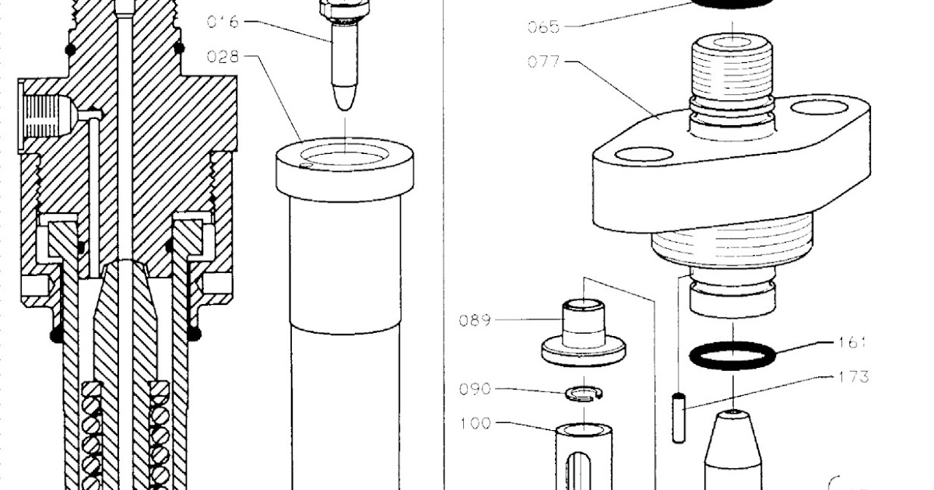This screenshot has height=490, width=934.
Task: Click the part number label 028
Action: (x=223, y=56)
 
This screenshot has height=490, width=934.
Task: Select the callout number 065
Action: (x=543, y=27)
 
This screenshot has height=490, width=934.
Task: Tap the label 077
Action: (x=543, y=61)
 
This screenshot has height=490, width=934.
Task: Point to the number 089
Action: (x=476, y=320)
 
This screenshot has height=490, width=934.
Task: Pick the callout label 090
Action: (x=476, y=389)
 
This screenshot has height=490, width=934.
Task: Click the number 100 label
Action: (x=476, y=424)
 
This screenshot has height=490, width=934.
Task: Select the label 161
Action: (x=852, y=342)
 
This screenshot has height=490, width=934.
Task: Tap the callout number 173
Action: (x=854, y=377)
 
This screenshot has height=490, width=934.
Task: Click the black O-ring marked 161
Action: (x=732, y=356)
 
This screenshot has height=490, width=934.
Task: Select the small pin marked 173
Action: (x=678, y=418)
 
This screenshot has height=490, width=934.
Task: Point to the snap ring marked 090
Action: (x=585, y=394)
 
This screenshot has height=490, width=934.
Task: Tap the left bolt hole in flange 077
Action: (x=643, y=155)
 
